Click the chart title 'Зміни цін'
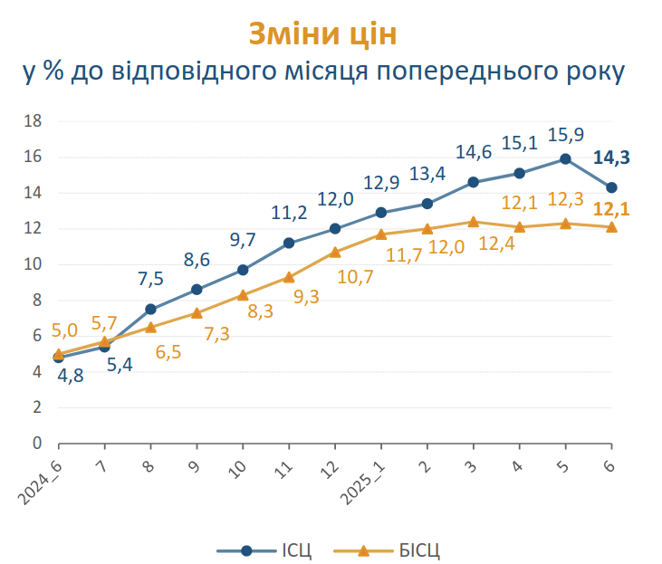pos(322,33)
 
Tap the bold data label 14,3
pos(611,158)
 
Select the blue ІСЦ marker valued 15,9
pos(565,158)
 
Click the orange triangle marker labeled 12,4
pos(473,221)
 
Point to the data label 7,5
pos(151,279)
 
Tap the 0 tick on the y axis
pos(37,444)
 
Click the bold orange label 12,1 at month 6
pos(611,210)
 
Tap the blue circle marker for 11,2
pos(289,243)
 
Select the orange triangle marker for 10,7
pos(335,252)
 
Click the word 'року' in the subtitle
pos(592,72)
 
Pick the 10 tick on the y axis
pos(33,264)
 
